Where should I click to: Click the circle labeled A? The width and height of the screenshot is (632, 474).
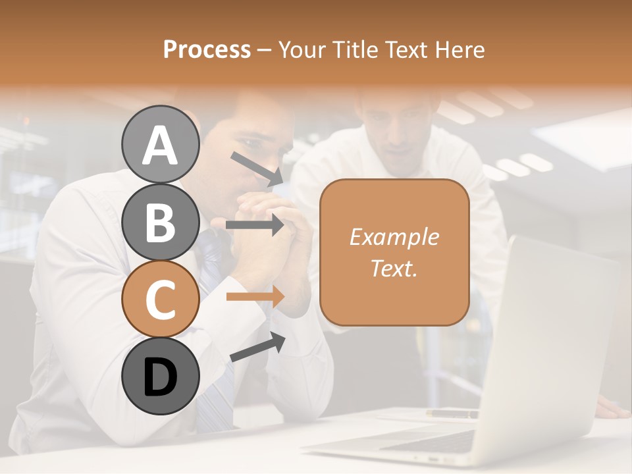click(x=160, y=144)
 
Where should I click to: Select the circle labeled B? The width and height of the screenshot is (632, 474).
click(x=160, y=221)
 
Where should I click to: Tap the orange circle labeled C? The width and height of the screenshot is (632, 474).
click(x=160, y=299)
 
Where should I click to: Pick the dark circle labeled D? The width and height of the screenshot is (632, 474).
click(x=160, y=376)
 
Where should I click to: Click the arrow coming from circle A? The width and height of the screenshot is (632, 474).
click(x=257, y=168)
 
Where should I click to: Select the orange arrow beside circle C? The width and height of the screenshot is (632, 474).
click(x=255, y=296)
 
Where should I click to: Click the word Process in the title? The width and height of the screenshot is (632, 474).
click(x=207, y=49)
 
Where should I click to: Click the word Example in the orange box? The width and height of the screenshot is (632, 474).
click(x=394, y=237)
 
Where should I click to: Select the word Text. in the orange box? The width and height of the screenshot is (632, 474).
click(x=394, y=268)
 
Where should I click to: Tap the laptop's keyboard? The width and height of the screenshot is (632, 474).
click(x=434, y=441)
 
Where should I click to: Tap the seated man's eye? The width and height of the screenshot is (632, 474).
click(x=249, y=142)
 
